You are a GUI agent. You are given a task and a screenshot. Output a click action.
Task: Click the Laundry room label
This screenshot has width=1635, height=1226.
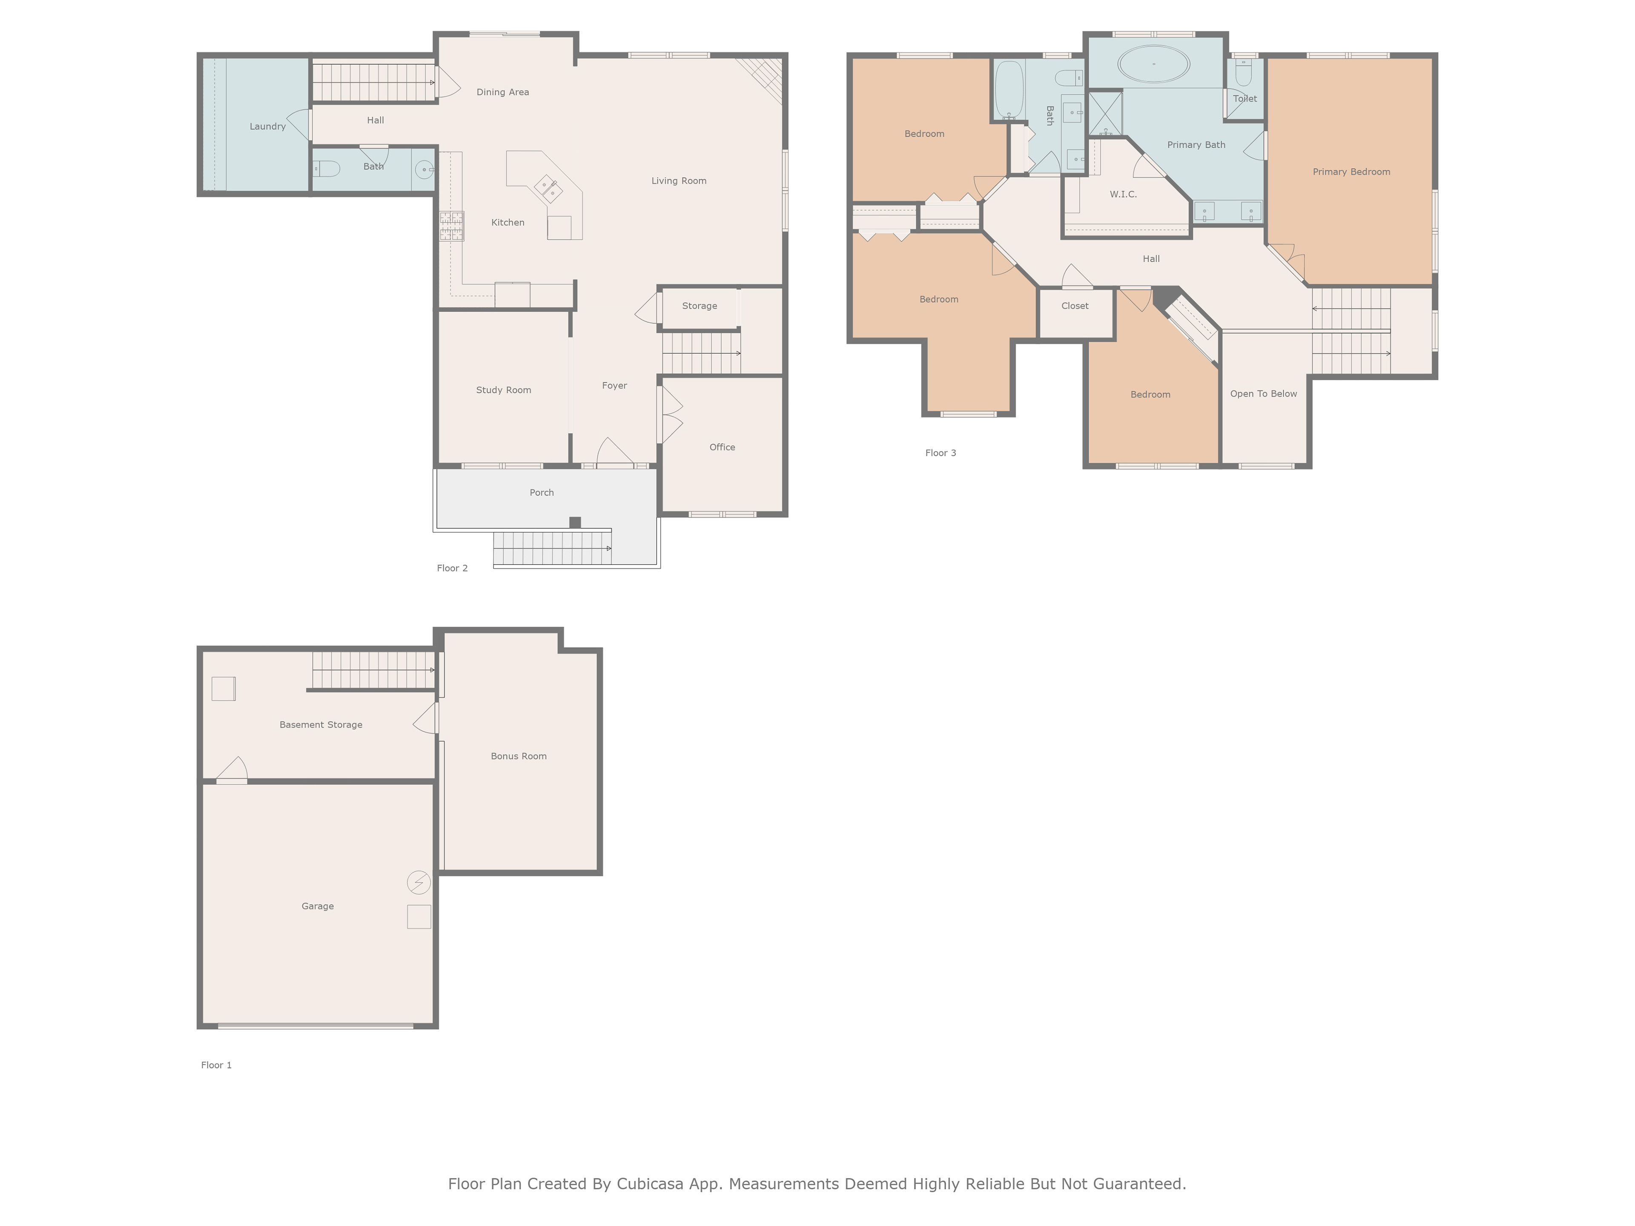pos(267,126)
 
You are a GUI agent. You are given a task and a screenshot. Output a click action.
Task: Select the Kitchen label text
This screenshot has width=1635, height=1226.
pos(508,223)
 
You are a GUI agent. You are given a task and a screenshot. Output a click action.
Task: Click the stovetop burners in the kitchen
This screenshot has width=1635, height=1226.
pos(452,226)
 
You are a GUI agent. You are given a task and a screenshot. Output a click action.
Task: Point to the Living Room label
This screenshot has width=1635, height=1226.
pos(679,181)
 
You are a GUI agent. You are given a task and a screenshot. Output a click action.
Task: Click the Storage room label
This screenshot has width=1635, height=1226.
pos(699,306)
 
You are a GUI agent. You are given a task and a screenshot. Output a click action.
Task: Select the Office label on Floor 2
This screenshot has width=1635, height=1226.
pos(722,447)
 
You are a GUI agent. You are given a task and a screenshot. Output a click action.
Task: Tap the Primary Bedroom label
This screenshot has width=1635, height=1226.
pos(1351,172)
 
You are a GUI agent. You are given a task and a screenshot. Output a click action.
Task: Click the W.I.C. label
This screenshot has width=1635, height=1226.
pos(1123,195)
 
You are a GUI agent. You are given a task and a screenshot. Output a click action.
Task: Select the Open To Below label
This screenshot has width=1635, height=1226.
pos(1263,394)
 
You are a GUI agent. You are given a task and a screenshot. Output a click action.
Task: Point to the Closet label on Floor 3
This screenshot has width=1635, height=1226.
pos(1075,306)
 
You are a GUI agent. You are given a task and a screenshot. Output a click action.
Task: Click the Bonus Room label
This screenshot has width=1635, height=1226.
pos(519,756)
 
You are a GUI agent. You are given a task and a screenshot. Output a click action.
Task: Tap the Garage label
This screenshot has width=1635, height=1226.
pos(318,906)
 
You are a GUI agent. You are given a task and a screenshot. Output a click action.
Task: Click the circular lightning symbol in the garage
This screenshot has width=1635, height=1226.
pos(419,882)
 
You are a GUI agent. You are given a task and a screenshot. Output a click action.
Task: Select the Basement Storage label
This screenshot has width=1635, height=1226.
pos(321,725)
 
